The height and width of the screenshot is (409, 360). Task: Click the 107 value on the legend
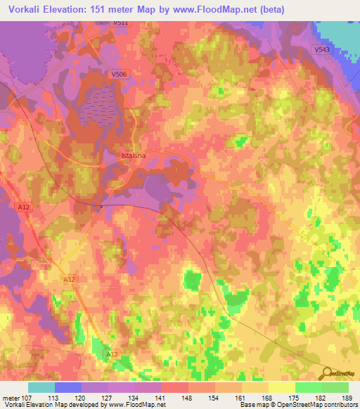(x=27, y=398)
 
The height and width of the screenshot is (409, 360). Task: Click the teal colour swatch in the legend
(x=41, y=387)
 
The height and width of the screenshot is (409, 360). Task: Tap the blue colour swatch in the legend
(x=68, y=387)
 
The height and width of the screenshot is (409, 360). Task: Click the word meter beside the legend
(x=10, y=398)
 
